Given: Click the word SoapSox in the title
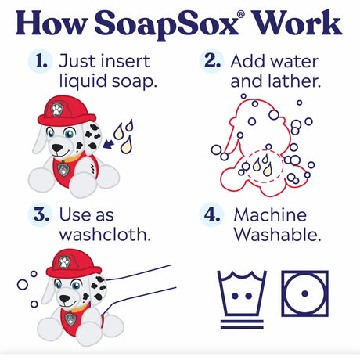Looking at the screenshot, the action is click(x=166, y=24).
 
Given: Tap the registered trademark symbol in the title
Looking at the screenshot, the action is click(x=241, y=14).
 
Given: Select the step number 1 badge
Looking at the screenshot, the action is click(x=41, y=61).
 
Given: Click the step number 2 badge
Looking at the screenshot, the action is click(x=212, y=61).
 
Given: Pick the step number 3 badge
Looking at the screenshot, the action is click(x=41, y=214).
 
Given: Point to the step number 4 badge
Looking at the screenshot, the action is click(x=212, y=214).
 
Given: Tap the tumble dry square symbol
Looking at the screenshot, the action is click(x=304, y=293).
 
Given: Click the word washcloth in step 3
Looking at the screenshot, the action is click(x=105, y=234).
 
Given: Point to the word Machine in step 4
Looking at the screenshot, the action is click(x=270, y=215).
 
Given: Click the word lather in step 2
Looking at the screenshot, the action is click(x=294, y=81).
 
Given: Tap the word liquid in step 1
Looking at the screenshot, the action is click(x=83, y=82).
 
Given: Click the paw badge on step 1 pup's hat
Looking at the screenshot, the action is click(x=56, y=110).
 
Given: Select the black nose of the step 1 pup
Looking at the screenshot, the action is click(x=57, y=148).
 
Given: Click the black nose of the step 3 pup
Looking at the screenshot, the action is click(x=64, y=298).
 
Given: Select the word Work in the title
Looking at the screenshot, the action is click(x=297, y=22).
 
